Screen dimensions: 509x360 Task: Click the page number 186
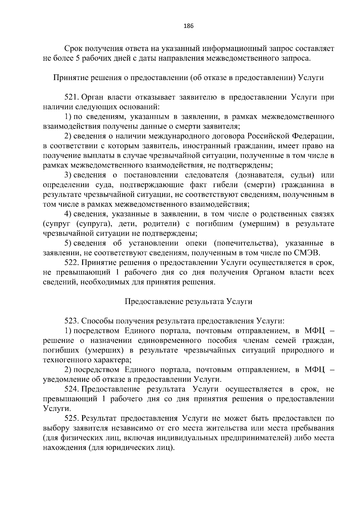click(x=188, y=26)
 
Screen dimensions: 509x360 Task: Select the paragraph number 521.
click(x=71, y=97)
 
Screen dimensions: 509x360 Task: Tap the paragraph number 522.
click(x=71, y=263)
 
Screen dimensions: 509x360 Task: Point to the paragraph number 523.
click(x=71, y=321)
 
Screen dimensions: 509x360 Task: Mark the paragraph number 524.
click(x=71, y=389)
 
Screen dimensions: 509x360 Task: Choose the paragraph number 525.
click(x=71, y=418)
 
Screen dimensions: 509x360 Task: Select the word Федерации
click(x=313, y=136)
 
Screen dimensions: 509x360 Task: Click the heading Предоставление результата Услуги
click(x=188, y=301)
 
